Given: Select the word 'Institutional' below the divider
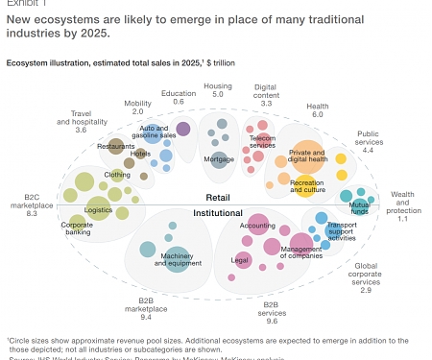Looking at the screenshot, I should click(x=218, y=212).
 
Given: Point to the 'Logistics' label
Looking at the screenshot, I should click(x=98, y=209).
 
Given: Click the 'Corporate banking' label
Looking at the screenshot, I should click(x=77, y=229).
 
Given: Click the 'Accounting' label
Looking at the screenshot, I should click(x=257, y=226).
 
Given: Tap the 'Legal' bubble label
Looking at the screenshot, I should click(x=241, y=260).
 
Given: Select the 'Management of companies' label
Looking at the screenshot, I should click(x=300, y=253).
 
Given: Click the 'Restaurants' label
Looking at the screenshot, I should click(x=116, y=146).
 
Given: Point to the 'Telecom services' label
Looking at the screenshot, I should click(x=262, y=142).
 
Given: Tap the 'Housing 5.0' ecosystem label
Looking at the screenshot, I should click(x=217, y=90).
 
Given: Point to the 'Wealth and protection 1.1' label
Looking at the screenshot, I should click(x=403, y=206).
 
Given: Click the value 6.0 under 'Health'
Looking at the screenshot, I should click(x=318, y=114).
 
